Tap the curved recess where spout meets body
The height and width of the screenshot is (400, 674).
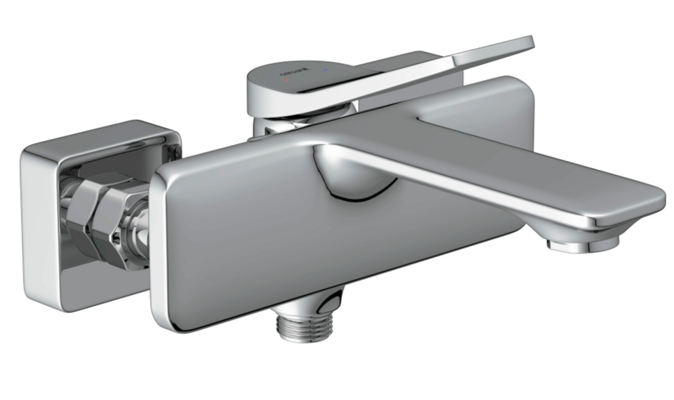351,177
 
